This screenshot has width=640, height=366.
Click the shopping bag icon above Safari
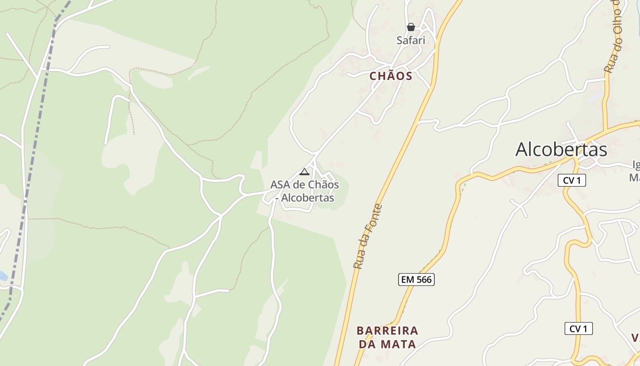(x=411, y=27)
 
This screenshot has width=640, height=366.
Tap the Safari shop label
(x=411, y=40)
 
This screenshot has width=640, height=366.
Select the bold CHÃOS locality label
(x=391, y=76)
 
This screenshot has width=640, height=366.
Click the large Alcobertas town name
(x=561, y=150)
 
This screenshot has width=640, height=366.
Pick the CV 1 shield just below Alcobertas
(x=571, y=180)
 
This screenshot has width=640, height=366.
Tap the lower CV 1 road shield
(x=578, y=328)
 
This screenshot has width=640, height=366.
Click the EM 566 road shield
(x=416, y=280)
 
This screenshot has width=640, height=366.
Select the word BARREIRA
(x=387, y=330)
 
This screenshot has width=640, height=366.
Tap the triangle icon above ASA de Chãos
(x=304, y=172)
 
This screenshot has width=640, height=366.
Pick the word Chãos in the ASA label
(x=322, y=185)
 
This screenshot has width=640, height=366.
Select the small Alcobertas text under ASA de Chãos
(x=307, y=198)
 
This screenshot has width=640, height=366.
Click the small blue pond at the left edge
(x=2, y=276)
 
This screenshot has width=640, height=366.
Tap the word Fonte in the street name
(x=374, y=217)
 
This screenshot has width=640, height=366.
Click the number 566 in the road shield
(x=424, y=280)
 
